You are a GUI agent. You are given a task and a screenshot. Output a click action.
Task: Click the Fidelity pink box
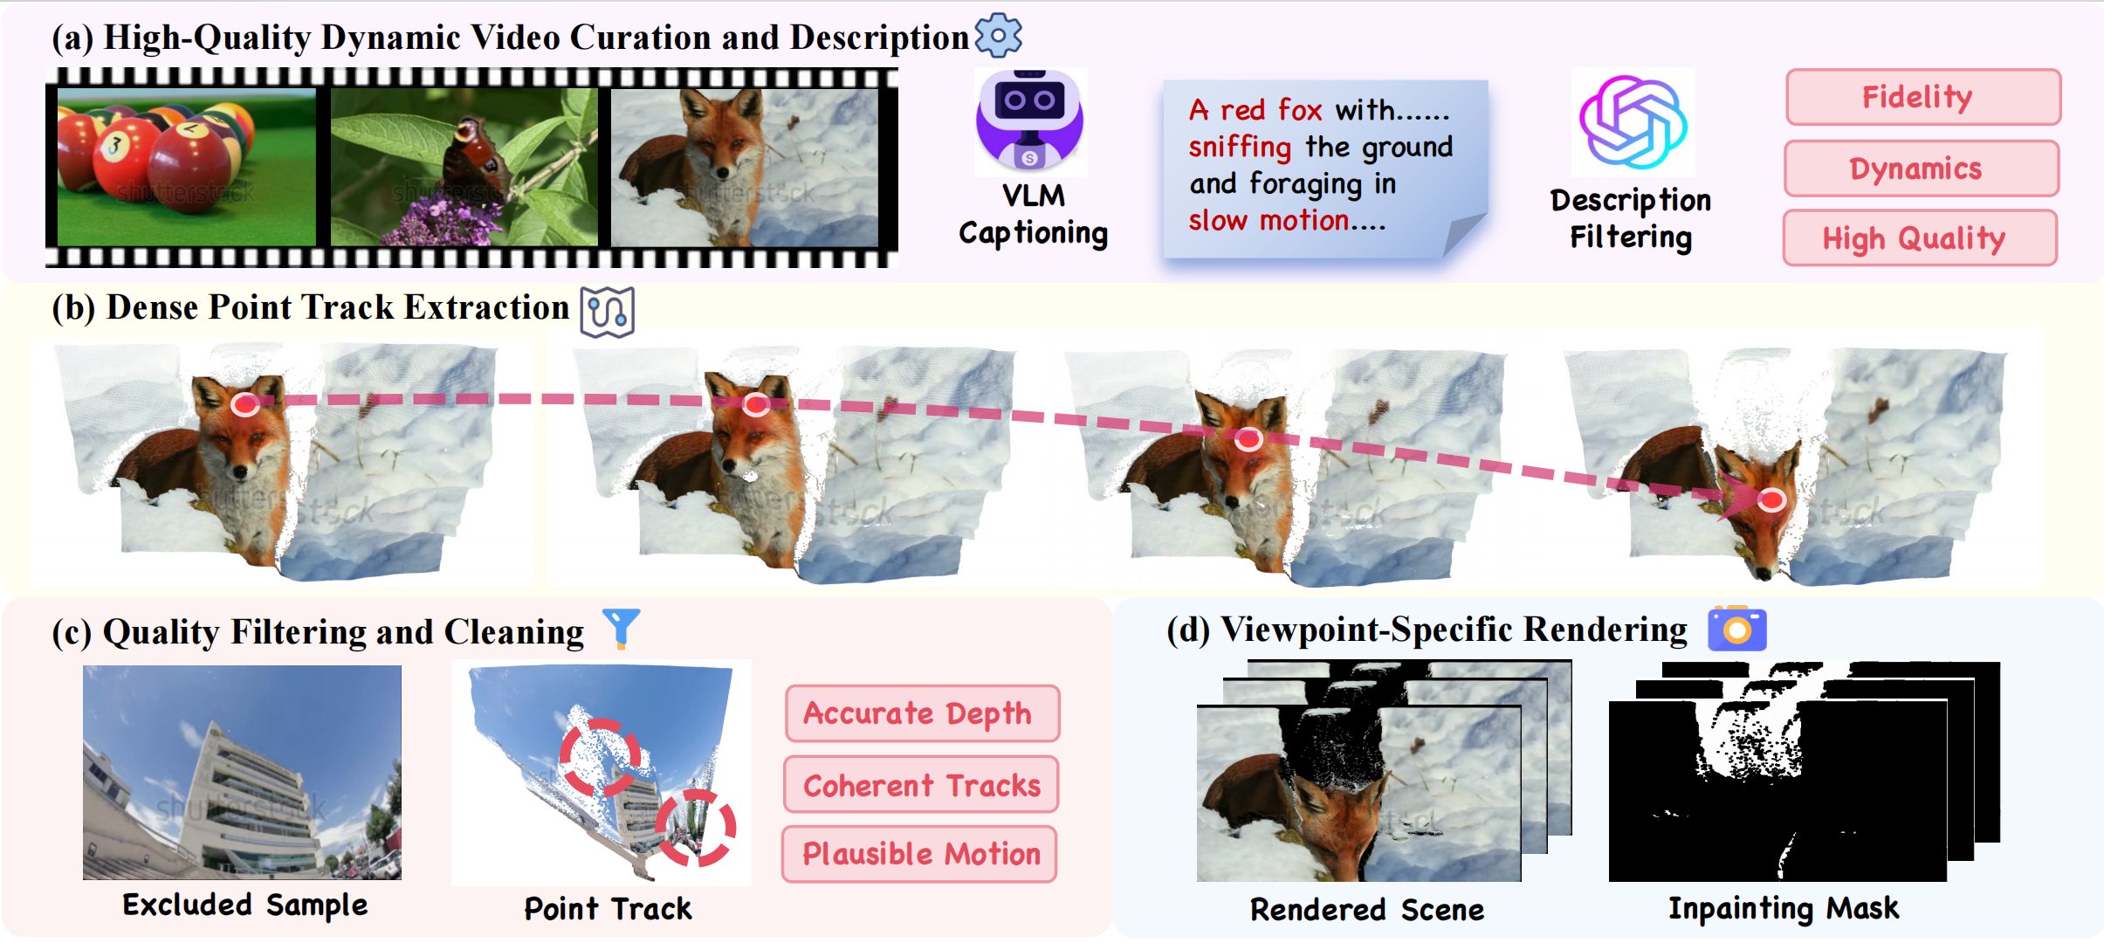point(1923,97)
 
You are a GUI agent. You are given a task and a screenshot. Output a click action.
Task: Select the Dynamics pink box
point(1922,169)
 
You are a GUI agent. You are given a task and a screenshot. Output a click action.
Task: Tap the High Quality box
point(1920,238)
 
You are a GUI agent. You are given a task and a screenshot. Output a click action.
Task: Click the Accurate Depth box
point(922,713)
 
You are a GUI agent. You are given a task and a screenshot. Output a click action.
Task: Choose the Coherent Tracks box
point(921,785)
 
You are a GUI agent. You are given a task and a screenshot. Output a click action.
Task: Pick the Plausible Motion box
point(919,854)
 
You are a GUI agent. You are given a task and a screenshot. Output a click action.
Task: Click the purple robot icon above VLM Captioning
point(1030,120)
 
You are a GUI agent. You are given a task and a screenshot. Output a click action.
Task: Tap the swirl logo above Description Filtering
point(1633,122)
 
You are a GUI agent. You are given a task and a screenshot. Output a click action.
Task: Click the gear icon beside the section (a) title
point(998,36)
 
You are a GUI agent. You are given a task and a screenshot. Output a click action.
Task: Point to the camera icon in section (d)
point(1737,629)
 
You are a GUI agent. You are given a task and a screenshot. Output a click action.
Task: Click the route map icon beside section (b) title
point(608,312)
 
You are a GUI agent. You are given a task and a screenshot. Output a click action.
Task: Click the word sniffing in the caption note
point(1239,147)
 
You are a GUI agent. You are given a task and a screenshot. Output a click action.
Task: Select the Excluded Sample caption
point(244,905)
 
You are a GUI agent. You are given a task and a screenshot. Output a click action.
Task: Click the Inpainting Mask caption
point(1784,908)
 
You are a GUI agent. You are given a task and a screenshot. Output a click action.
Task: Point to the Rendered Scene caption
point(1367,910)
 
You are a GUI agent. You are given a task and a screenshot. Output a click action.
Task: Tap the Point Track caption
point(608,909)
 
